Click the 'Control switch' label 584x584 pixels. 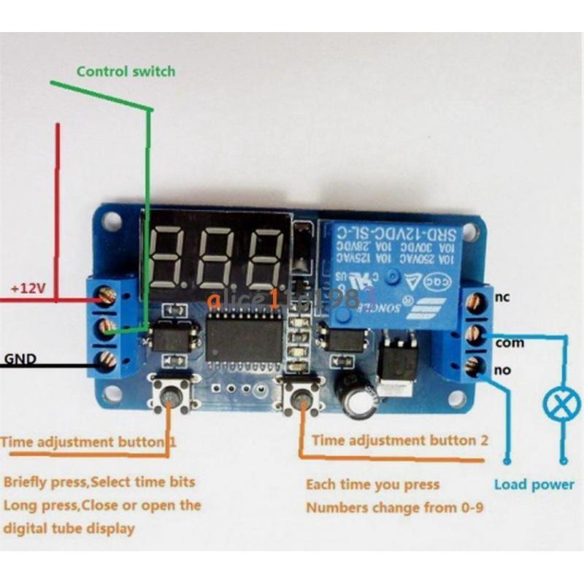[x=126, y=71]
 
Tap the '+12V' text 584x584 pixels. [x=28, y=289]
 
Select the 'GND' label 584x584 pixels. [x=20, y=358]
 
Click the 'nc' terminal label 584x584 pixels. [x=502, y=296]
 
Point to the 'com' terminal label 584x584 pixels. [x=509, y=342]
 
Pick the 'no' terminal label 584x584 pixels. [x=502, y=370]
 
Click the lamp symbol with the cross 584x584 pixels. [x=554, y=403]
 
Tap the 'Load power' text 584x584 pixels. [x=534, y=484]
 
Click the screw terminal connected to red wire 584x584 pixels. [x=107, y=296]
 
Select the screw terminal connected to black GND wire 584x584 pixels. [x=107, y=358]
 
